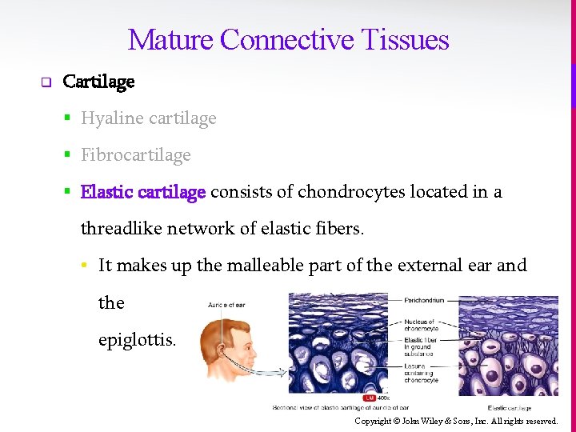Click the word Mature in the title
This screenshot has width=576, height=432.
pyautogui.click(x=170, y=39)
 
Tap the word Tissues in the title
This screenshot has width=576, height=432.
pyautogui.click(x=406, y=39)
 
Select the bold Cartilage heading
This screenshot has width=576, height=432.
pyautogui.click(x=98, y=82)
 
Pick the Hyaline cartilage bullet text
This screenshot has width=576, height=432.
pyautogui.click(x=149, y=118)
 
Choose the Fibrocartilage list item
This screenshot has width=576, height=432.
pyautogui.click(x=136, y=155)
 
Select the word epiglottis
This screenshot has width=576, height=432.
pyautogui.click(x=137, y=339)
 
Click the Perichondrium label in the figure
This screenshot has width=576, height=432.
pyautogui.click(x=425, y=301)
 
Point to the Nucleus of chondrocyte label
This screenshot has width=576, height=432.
pyautogui.click(x=420, y=325)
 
